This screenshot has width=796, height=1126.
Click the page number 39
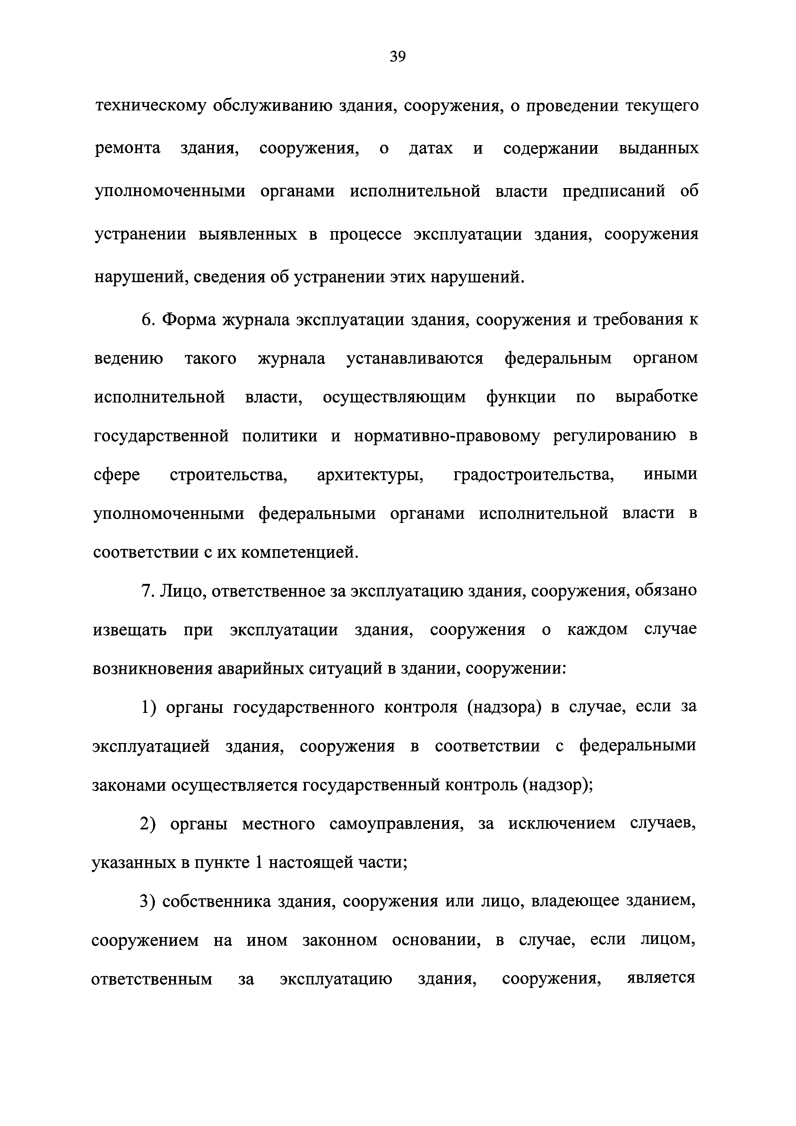398,57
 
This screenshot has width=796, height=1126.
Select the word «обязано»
666,591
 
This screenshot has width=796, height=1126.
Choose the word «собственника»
216,901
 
